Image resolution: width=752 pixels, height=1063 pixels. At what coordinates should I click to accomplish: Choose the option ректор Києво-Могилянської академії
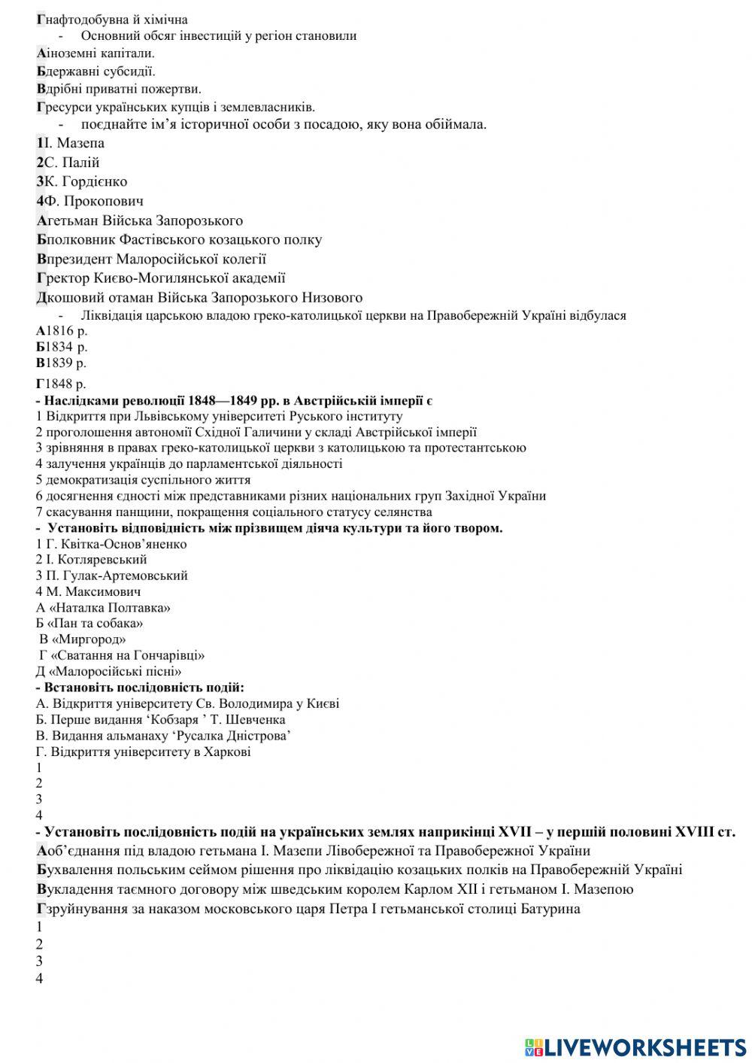[161, 278]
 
